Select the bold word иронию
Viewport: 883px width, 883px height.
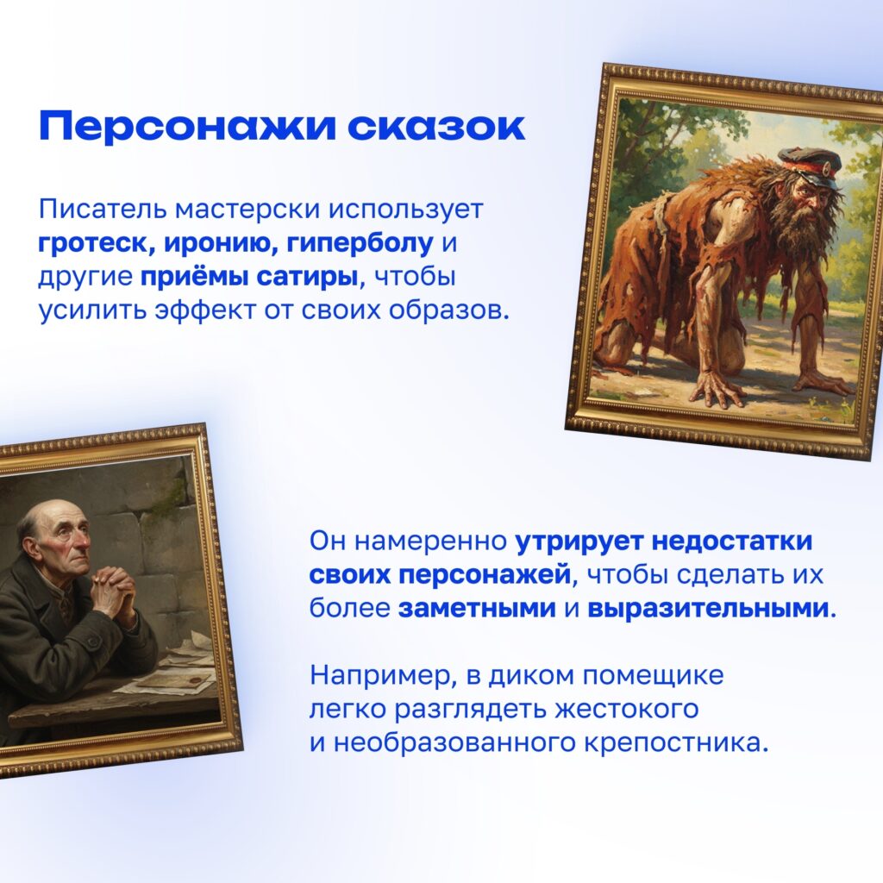click(x=221, y=243)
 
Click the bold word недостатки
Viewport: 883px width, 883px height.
click(x=732, y=542)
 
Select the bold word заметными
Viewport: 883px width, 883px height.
click(x=477, y=609)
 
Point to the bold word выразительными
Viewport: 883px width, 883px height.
click(x=709, y=609)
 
